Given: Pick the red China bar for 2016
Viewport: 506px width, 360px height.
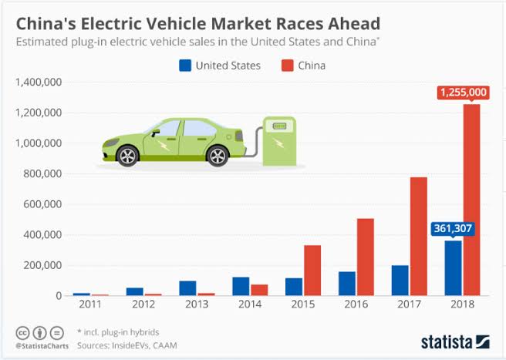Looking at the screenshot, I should [x=365, y=257].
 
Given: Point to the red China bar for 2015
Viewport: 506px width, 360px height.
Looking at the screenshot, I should [x=312, y=271].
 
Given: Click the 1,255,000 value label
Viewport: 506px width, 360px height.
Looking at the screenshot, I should [x=463, y=93].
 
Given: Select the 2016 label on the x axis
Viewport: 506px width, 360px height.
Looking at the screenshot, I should [x=355, y=306].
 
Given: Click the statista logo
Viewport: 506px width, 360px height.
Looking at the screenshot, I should [x=455, y=341].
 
